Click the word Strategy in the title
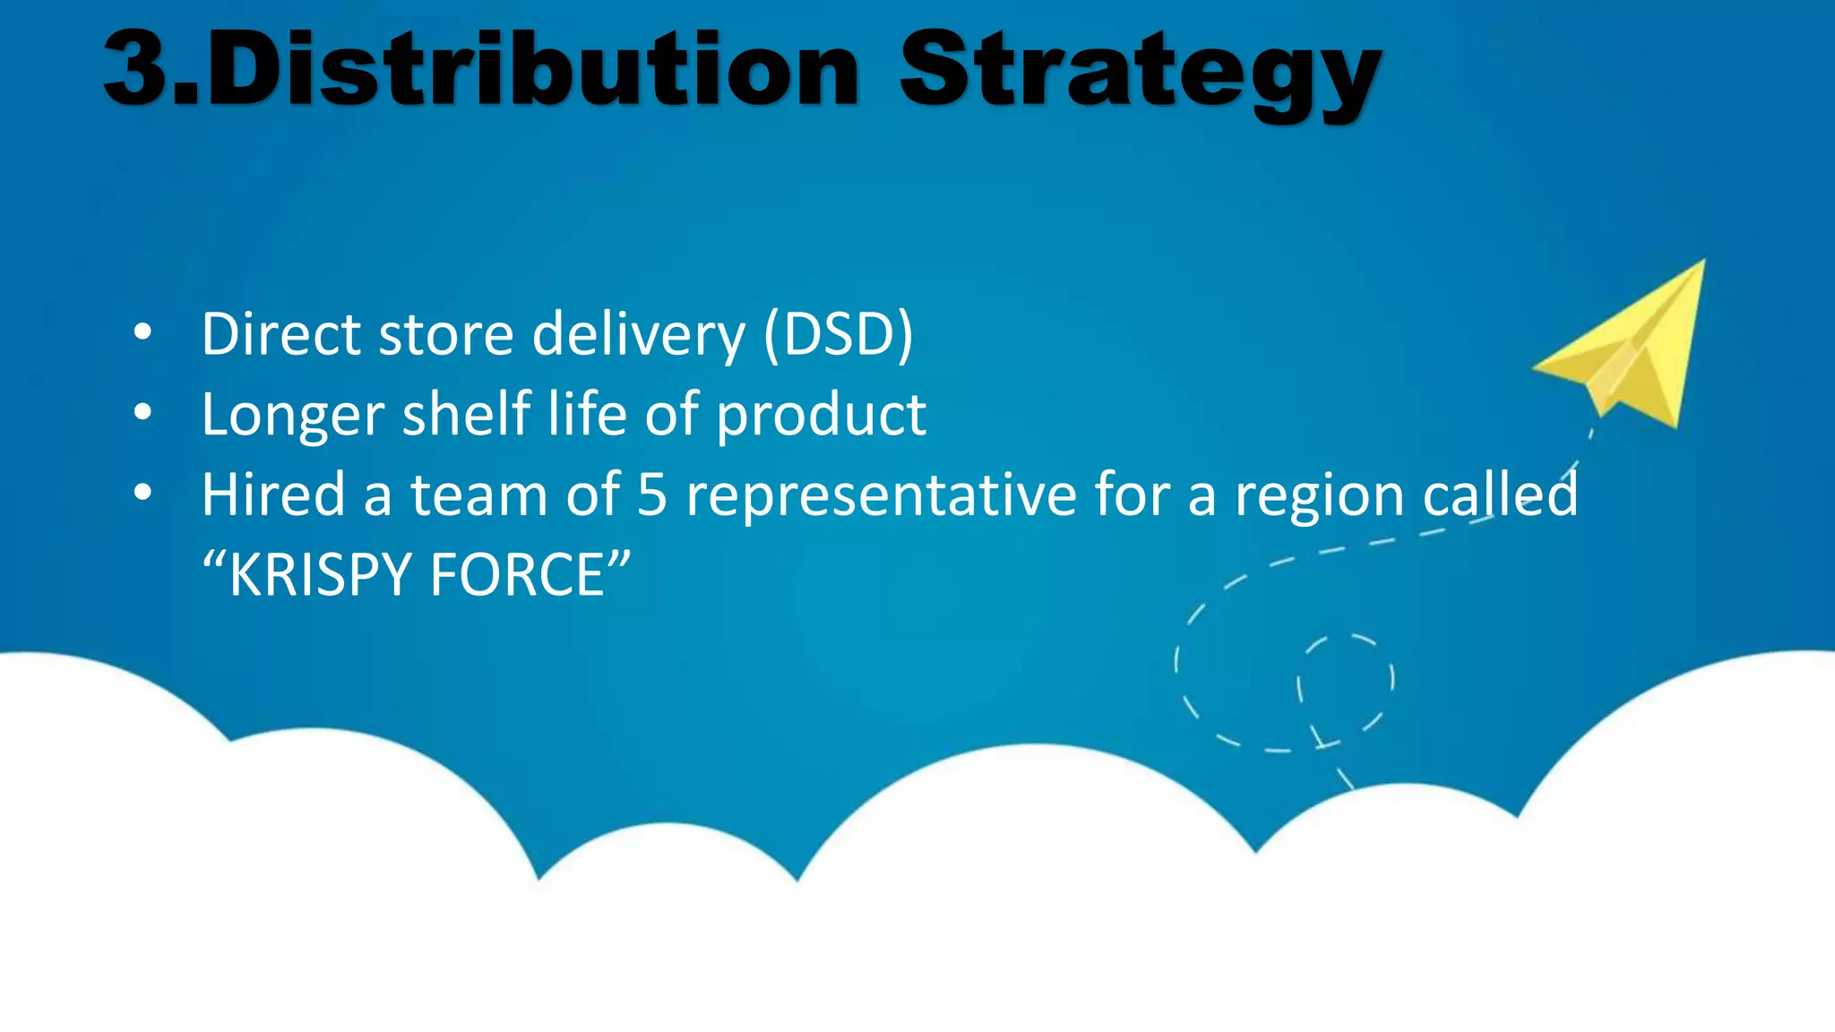tap(1140, 72)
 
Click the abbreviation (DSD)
tap(839, 334)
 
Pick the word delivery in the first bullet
tap(638, 334)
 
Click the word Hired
tap(273, 494)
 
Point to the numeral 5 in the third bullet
tap(652, 495)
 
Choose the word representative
tap(881, 495)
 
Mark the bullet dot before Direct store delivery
tap(142, 333)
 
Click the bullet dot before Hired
tap(142, 494)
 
